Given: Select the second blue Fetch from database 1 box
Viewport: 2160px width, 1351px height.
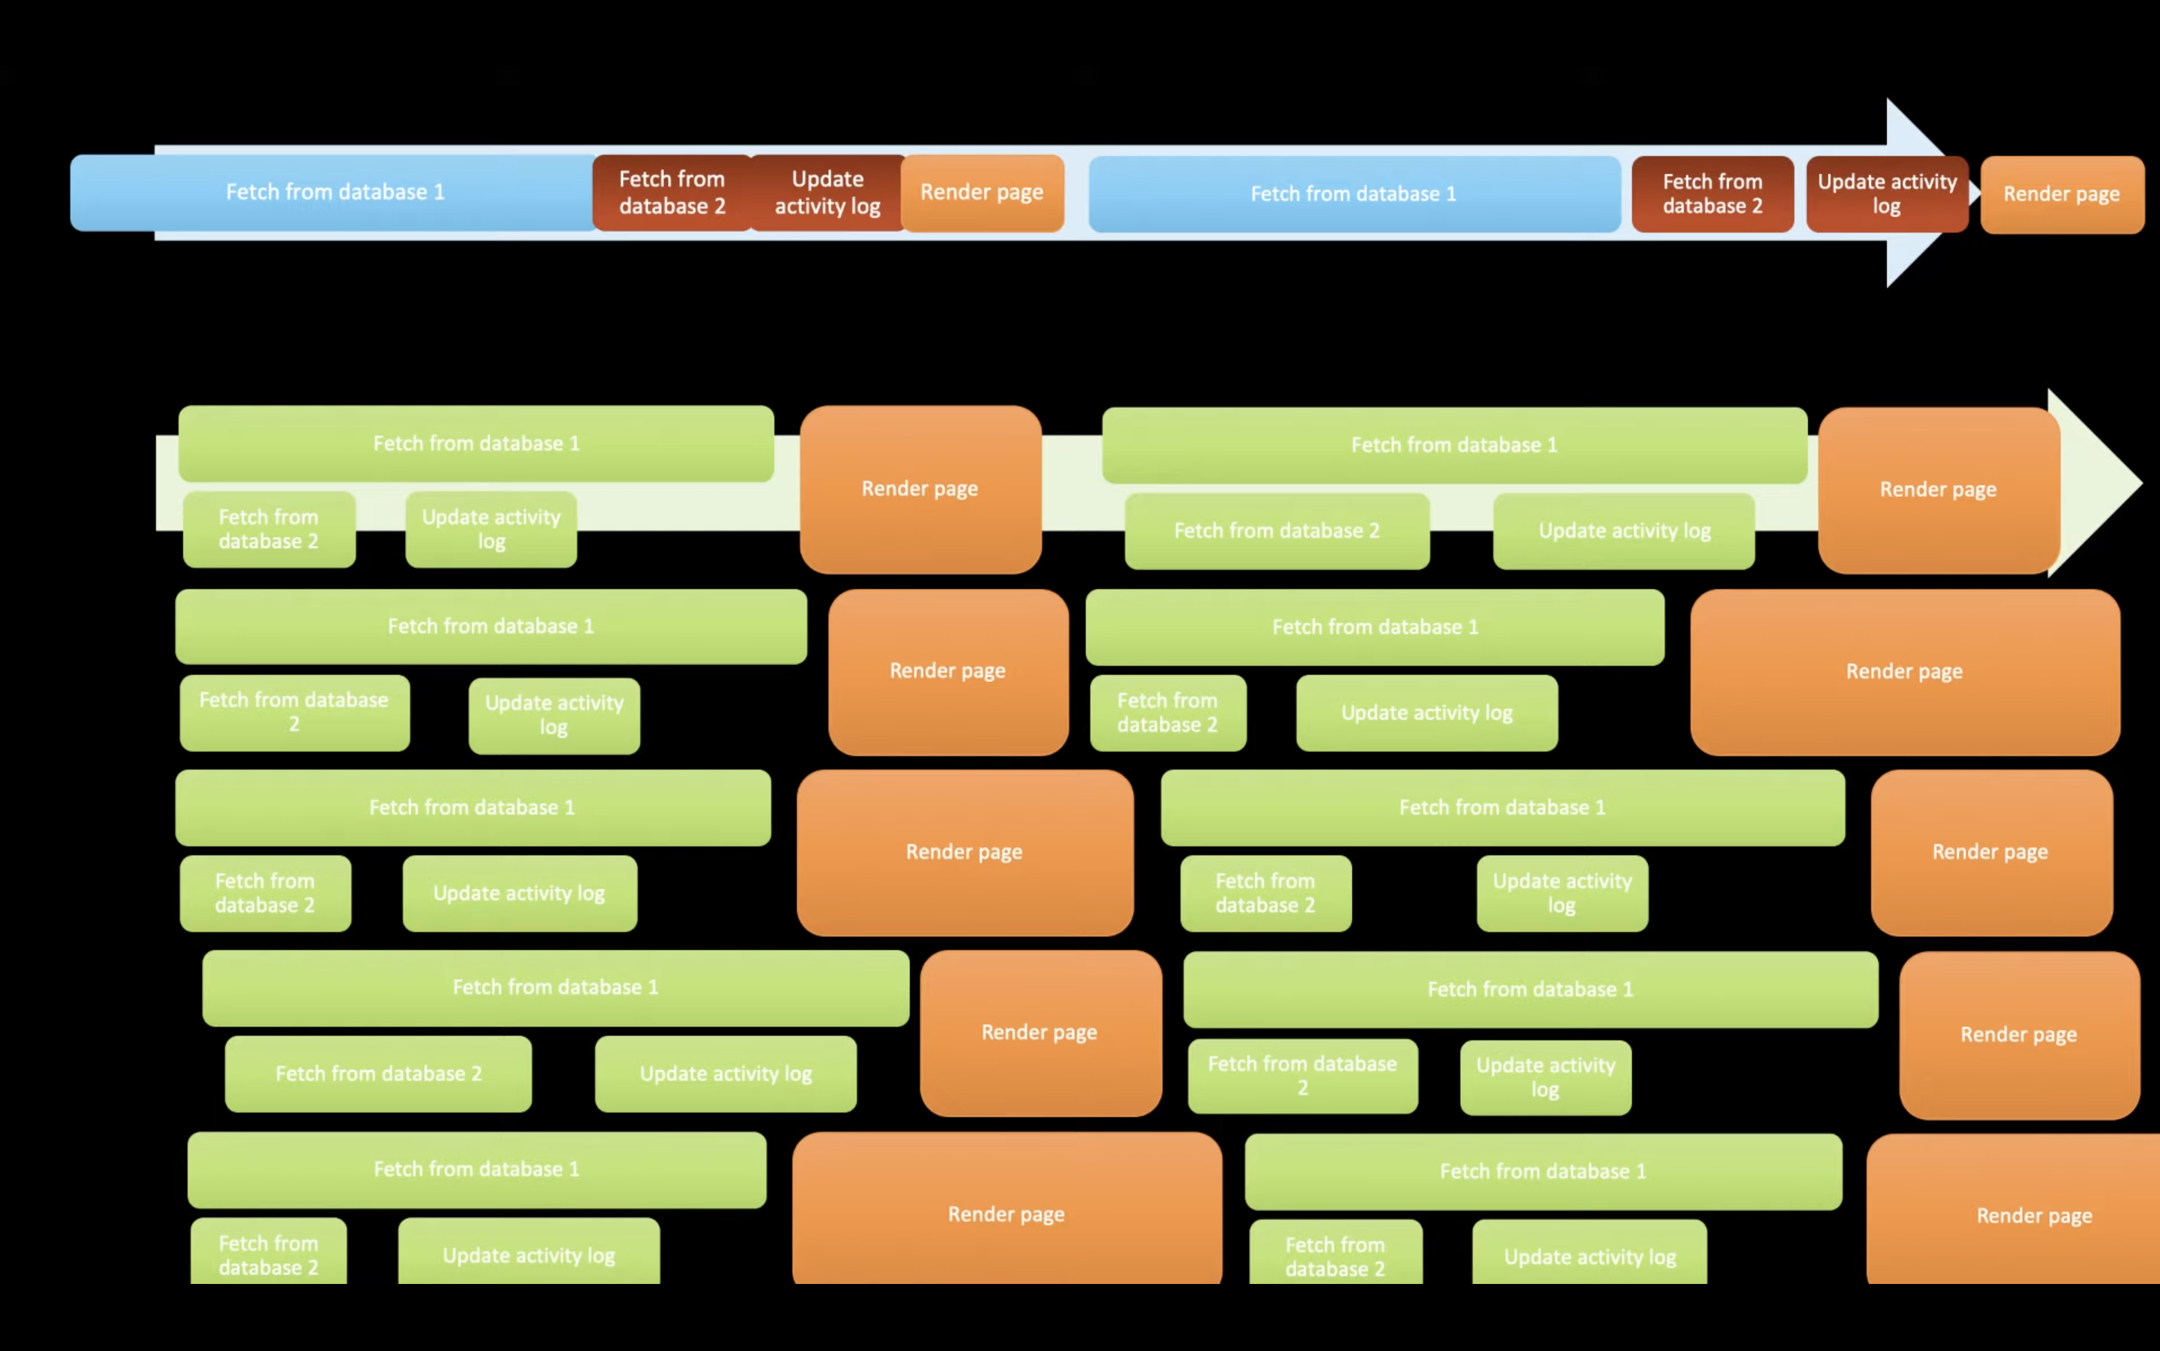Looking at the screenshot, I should click(1353, 194).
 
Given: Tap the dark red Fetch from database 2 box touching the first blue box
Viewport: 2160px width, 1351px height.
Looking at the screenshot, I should click(672, 193).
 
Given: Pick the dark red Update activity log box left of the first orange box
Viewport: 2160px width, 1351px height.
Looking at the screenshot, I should click(827, 193).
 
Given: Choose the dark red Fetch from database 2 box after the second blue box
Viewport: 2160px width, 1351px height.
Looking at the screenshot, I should click(1713, 194).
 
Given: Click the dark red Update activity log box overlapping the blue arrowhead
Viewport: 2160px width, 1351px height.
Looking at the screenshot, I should click(1887, 194).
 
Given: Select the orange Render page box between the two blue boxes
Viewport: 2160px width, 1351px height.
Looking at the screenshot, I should click(982, 193).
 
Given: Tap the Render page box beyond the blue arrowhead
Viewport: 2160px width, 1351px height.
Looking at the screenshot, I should click(2062, 195).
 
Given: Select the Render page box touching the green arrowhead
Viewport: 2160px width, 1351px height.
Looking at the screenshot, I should click(1938, 490).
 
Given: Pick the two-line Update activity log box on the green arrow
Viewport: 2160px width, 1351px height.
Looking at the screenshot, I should click(491, 529).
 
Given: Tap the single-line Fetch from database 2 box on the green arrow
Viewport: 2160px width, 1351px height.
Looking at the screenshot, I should click(1276, 530).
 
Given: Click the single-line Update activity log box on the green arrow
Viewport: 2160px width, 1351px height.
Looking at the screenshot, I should click(1624, 530).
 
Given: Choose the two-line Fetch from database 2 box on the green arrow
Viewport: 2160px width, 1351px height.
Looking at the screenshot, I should click(269, 529).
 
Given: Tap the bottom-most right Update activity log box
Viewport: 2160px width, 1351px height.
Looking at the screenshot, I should click(1589, 1256).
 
